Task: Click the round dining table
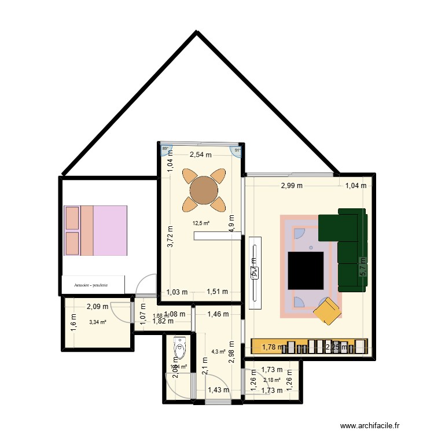[204, 189]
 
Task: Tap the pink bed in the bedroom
[95, 230]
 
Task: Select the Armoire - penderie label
[93, 285]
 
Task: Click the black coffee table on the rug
[306, 270]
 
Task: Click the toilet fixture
[179, 350]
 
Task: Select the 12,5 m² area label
[201, 223]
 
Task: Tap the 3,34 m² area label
[98, 322]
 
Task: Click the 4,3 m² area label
[218, 351]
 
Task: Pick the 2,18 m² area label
[272, 380]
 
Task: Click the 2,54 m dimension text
[201, 155]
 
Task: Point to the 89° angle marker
[165, 149]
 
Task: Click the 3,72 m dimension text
[170, 237]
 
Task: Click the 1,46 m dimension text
[218, 314]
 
